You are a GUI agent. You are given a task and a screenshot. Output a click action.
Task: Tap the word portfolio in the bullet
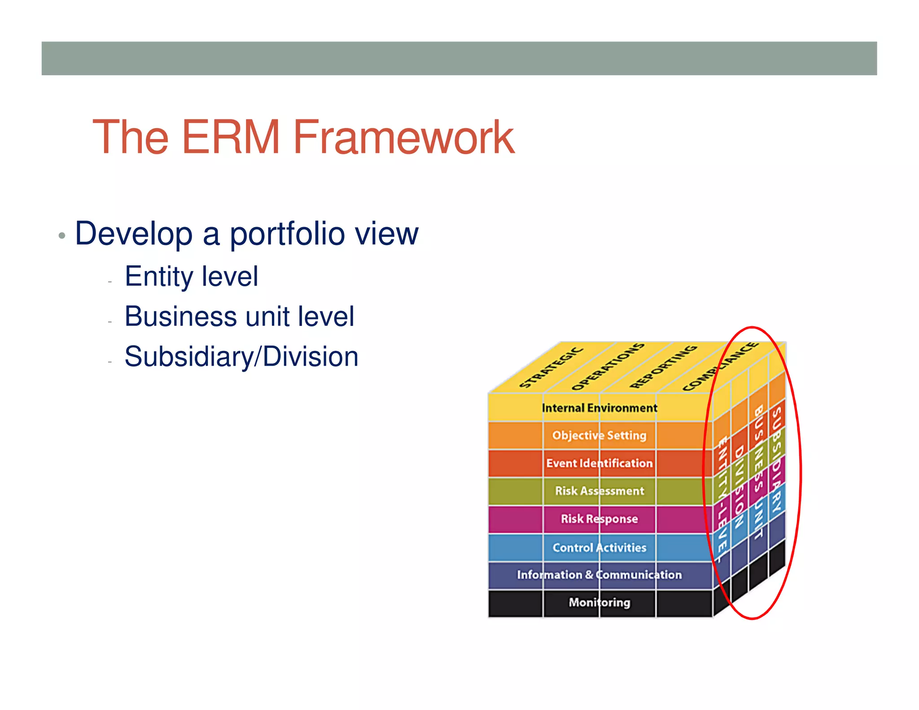(x=287, y=234)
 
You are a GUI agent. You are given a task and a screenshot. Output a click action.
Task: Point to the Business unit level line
(x=239, y=316)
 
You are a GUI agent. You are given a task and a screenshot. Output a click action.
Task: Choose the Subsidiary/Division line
(x=241, y=357)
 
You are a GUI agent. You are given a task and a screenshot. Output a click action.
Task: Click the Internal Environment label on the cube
(x=600, y=408)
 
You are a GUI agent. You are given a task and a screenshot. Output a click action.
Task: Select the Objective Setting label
(x=600, y=435)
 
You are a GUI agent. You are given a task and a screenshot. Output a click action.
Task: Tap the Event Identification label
(x=600, y=463)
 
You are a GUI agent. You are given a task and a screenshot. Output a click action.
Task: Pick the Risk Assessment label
(x=600, y=491)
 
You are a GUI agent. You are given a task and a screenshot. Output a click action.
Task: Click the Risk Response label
(x=600, y=519)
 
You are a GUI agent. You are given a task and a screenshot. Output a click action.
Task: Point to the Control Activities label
(x=600, y=548)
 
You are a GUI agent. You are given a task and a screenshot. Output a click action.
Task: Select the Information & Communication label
(x=600, y=575)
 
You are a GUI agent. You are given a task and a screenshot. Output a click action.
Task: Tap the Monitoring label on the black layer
(x=600, y=602)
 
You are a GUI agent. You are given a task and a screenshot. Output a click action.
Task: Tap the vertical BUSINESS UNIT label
(x=758, y=471)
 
